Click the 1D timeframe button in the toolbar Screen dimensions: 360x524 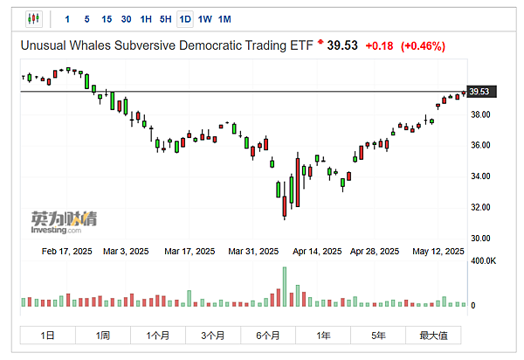point(184,18)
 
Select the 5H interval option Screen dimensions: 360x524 point(165,18)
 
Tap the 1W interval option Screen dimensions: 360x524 point(204,18)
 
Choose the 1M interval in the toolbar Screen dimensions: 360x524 point(224,18)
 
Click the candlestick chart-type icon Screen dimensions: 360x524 point(34,18)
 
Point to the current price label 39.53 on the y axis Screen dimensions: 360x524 point(479,92)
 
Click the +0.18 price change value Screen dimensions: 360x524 point(379,45)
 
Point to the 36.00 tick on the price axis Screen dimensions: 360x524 point(480,145)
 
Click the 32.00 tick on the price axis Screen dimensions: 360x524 point(480,207)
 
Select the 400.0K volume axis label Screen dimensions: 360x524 point(484,260)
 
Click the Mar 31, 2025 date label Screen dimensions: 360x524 point(253,251)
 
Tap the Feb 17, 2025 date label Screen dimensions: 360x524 point(67,251)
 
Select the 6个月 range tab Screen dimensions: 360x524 point(268,335)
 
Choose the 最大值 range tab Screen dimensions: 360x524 point(433,335)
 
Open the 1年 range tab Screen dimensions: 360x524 point(323,335)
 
